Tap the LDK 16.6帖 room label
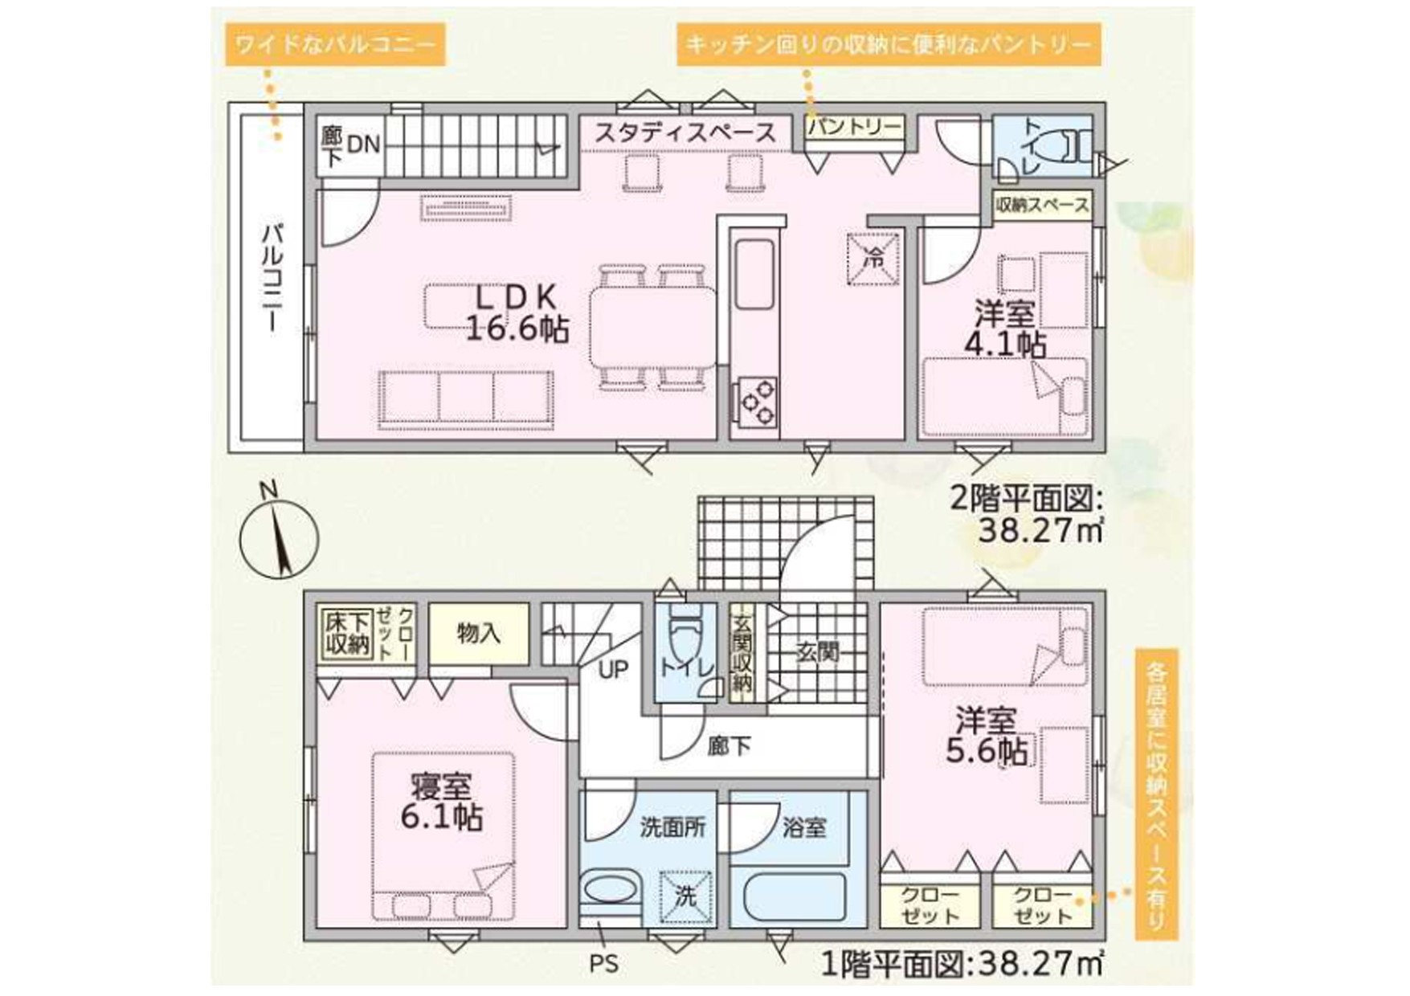pyautogui.click(x=517, y=313)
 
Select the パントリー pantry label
pyautogui.click(x=855, y=127)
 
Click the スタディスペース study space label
pyautogui.click(x=685, y=133)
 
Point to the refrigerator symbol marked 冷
pyautogui.click(x=873, y=259)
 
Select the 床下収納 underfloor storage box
pyautogui.click(x=347, y=634)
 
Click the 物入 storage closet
pyautogui.click(x=479, y=633)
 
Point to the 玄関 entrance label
pyautogui.click(x=818, y=652)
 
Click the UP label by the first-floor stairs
pyautogui.click(x=613, y=669)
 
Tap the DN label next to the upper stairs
pyautogui.click(x=363, y=145)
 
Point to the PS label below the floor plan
pyautogui.click(x=604, y=963)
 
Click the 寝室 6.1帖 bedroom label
pyautogui.click(x=441, y=801)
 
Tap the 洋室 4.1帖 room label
pyautogui.click(x=1004, y=329)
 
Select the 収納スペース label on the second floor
pyautogui.click(x=1042, y=205)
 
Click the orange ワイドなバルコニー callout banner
pyautogui.click(x=336, y=43)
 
